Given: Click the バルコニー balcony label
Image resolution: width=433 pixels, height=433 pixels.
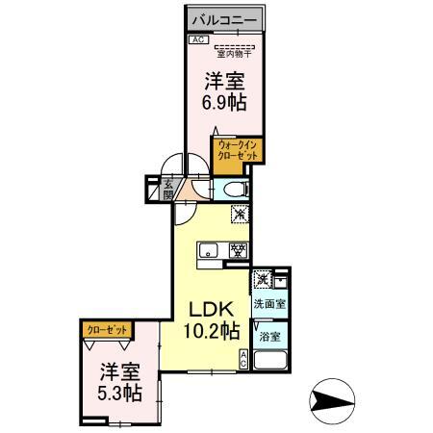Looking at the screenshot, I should coord(222,18).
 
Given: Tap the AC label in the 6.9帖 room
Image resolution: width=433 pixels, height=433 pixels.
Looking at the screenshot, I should coord(196,39).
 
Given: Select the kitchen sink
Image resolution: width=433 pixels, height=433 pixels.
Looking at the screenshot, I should coord(210,253).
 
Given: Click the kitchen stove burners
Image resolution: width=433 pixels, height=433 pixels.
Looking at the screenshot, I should coord(235,252).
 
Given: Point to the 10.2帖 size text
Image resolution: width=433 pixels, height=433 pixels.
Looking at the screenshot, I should coord(212,332).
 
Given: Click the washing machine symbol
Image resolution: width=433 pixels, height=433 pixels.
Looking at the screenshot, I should coord(261,280).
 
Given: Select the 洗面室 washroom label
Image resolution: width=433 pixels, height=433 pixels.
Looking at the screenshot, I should coord(268,304).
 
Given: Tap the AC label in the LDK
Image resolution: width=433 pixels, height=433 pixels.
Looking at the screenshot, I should coord(242,360).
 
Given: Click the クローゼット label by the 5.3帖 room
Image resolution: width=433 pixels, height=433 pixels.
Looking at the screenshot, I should coord(107,329).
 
